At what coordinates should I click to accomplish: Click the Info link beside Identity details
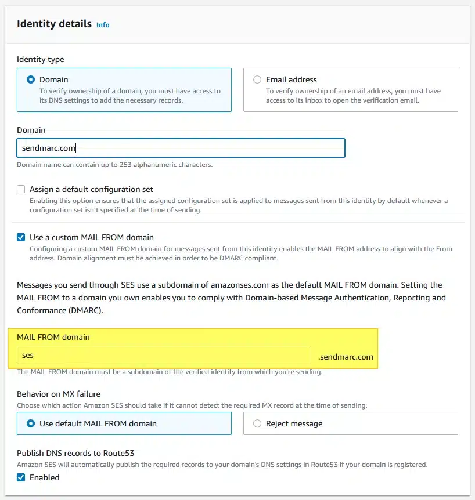tap(103, 25)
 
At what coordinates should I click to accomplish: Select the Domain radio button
tap(31, 79)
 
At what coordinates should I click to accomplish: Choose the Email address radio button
tap(257, 79)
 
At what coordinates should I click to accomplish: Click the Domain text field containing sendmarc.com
tap(181, 148)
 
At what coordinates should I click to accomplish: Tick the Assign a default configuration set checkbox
tap(21, 189)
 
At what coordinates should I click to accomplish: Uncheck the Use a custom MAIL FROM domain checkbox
tap(21, 237)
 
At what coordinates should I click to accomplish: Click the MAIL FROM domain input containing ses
tap(164, 356)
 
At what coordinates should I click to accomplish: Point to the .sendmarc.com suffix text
tap(346, 357)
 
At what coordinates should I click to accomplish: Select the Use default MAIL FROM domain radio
tap(31, 423)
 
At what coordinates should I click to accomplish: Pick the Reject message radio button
tap(257, 423)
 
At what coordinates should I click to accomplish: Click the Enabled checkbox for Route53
tap(21, 477)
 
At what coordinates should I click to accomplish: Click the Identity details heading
tap(54, 24)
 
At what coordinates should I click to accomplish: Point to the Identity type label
tap(41, 59)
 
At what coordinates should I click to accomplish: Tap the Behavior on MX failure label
tap(59, 394)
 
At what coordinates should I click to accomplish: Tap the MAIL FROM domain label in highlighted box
tap(53, 337)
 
